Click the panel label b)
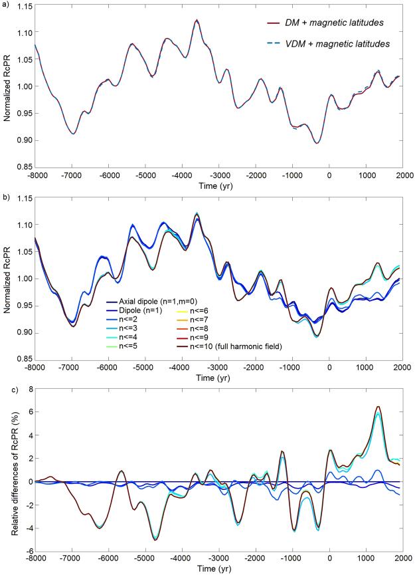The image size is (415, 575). pos(5,196)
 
